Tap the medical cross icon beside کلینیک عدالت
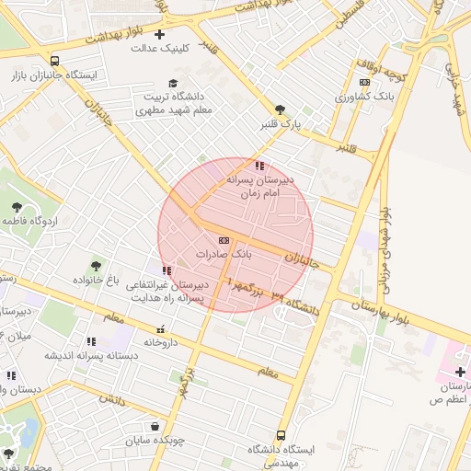pos(160,34)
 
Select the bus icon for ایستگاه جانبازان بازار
pos(57,61)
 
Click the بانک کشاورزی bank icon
pos(365,83)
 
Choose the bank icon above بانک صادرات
pos(225,238)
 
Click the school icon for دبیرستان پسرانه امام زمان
pos(260,167)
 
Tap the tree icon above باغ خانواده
pos(96,266)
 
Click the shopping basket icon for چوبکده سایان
pos(155,426)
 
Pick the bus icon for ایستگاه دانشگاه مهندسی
pos(280,435)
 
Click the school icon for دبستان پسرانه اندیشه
pos(90,341)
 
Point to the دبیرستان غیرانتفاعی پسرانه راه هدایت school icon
pos(167,271)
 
